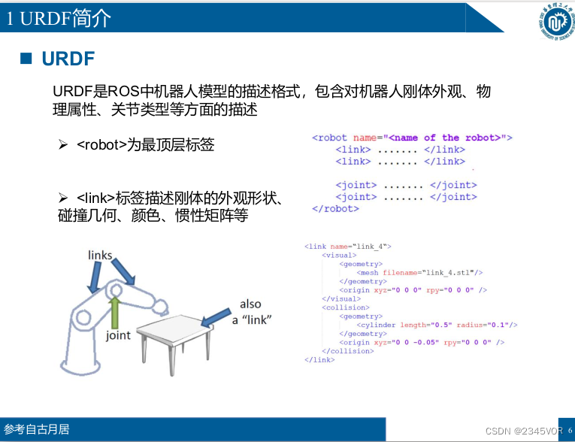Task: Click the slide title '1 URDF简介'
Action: click(x=59, y=18)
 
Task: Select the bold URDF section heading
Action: click(x=68, y=59)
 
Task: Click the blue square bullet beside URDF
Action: click(x=26, y=59)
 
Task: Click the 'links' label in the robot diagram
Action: click(x=100, y=256)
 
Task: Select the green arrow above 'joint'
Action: click(x=115, y=312)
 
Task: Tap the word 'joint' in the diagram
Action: click(x=118, y=336)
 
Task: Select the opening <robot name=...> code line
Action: click(x=411, y=138)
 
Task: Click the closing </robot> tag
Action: click(x=335, y=209)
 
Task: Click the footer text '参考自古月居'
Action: click(x=37, y=430)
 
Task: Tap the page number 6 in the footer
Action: click(x=569, y=430)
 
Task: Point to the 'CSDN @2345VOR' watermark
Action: click(x=519, y=431)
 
